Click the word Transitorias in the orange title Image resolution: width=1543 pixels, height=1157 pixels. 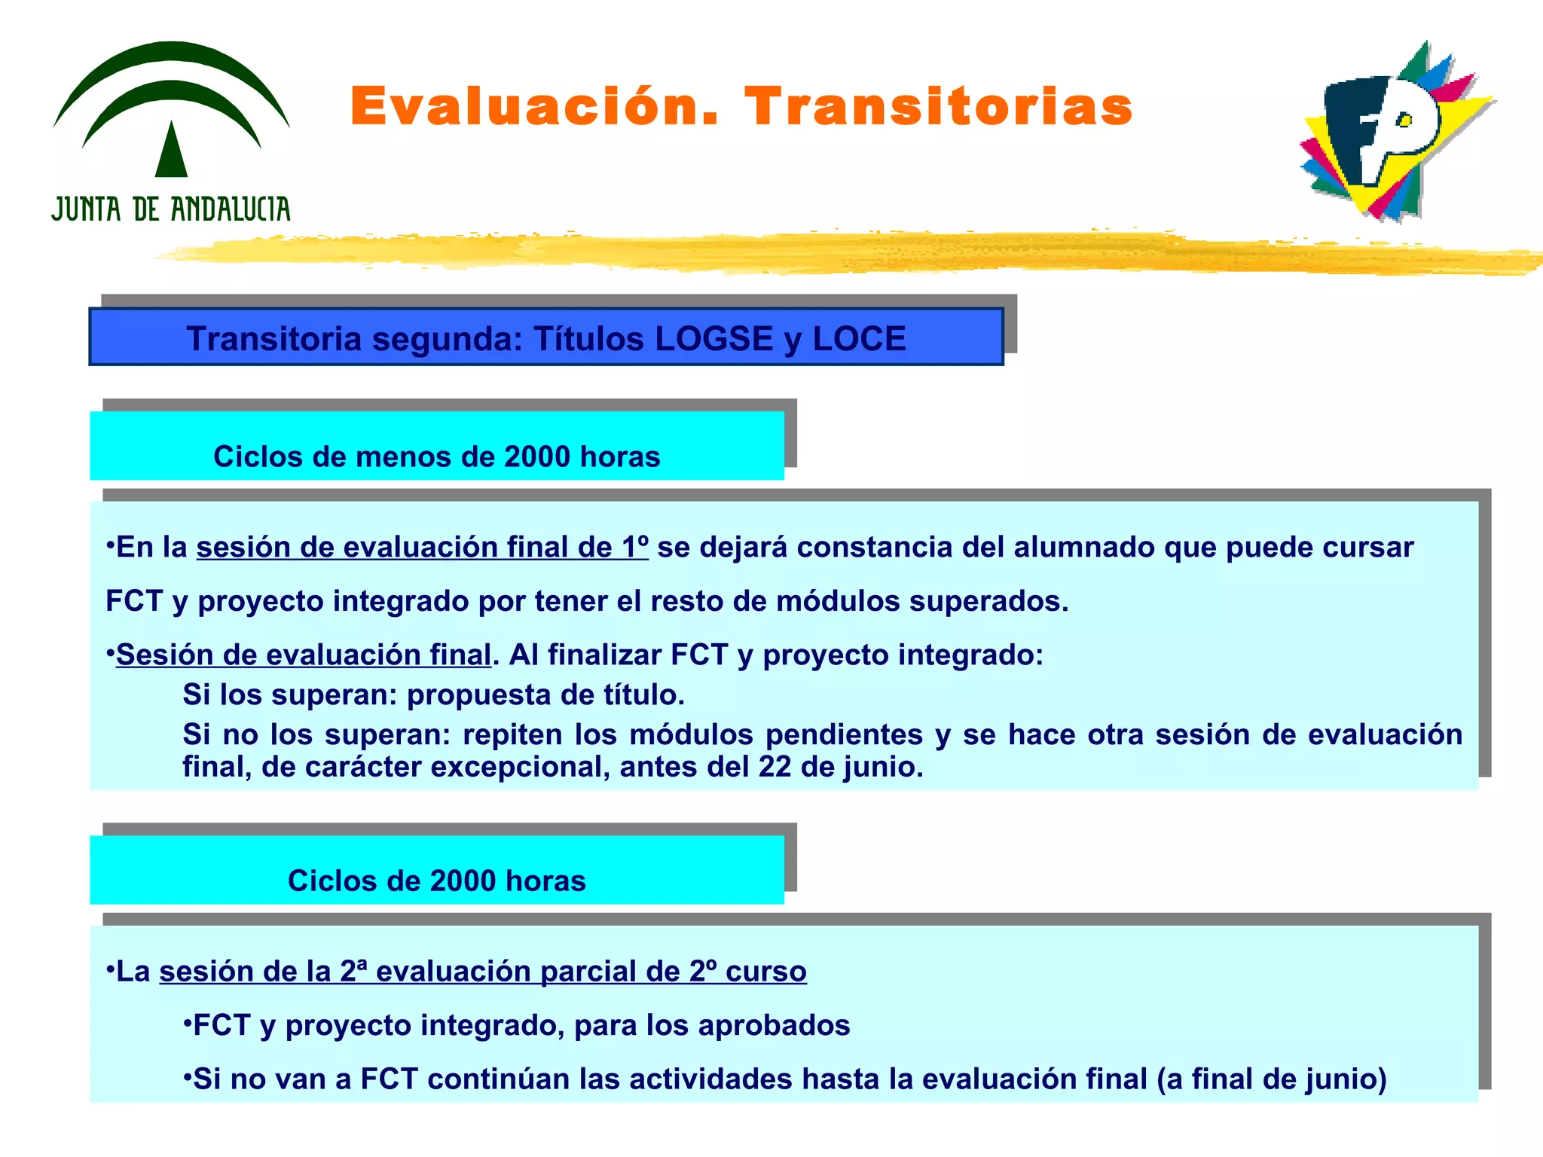939,106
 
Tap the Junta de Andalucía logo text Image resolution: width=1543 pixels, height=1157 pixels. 171,209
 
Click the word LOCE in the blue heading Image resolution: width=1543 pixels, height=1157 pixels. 859,338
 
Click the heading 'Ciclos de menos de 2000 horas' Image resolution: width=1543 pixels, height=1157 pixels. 436,456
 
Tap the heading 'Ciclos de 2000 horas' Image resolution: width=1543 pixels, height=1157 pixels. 436,881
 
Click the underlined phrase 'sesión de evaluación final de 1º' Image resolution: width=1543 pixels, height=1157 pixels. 422,547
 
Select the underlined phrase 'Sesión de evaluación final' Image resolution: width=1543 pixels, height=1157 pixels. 304,655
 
